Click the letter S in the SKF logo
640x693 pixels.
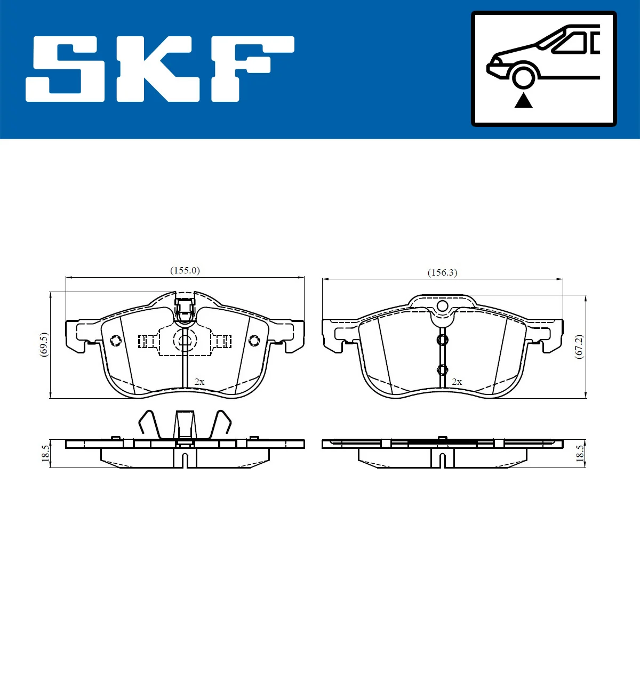click(x=65, y=69)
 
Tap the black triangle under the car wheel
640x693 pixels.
click(x=523, y=100)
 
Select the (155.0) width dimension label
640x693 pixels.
click(x=185, y=270)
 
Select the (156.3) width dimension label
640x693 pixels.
click(x=442, y=272)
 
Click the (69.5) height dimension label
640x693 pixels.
click(x=44, y=344)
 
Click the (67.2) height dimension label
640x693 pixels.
click(x=579, y=346)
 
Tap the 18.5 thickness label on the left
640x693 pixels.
click(x=46, y=453)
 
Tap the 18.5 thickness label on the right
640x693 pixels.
click(x=579, y=453)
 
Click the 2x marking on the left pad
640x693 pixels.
click(x=199, y=382)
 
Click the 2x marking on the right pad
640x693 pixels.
click(x=457, y=382)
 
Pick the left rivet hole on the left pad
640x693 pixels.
click(x=115, y=341)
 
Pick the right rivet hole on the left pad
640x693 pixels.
click(x=254, y=340)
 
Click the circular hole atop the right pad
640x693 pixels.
click(x=442, y=306)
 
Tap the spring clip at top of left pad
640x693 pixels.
click(x=185, y=310)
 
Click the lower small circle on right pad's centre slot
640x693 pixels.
click(x=442, y=369)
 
